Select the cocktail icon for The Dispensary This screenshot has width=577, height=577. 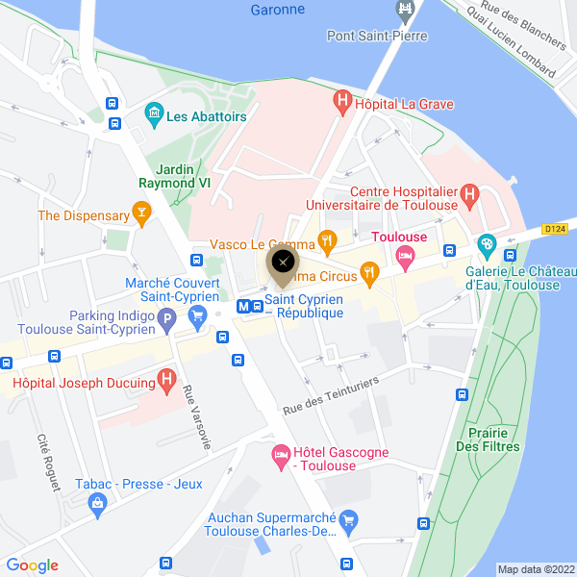(142, 213)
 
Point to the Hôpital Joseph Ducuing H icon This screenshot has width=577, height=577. (167, 382)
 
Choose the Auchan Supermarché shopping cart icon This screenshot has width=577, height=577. (349, 523)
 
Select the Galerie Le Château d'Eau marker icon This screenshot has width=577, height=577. (488, 245)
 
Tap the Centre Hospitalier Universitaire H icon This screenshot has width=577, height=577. (469, 196)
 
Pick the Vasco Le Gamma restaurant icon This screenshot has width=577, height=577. (327, 241)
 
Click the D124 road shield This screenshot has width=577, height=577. (553, 229)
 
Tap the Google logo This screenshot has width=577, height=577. (33, 565)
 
